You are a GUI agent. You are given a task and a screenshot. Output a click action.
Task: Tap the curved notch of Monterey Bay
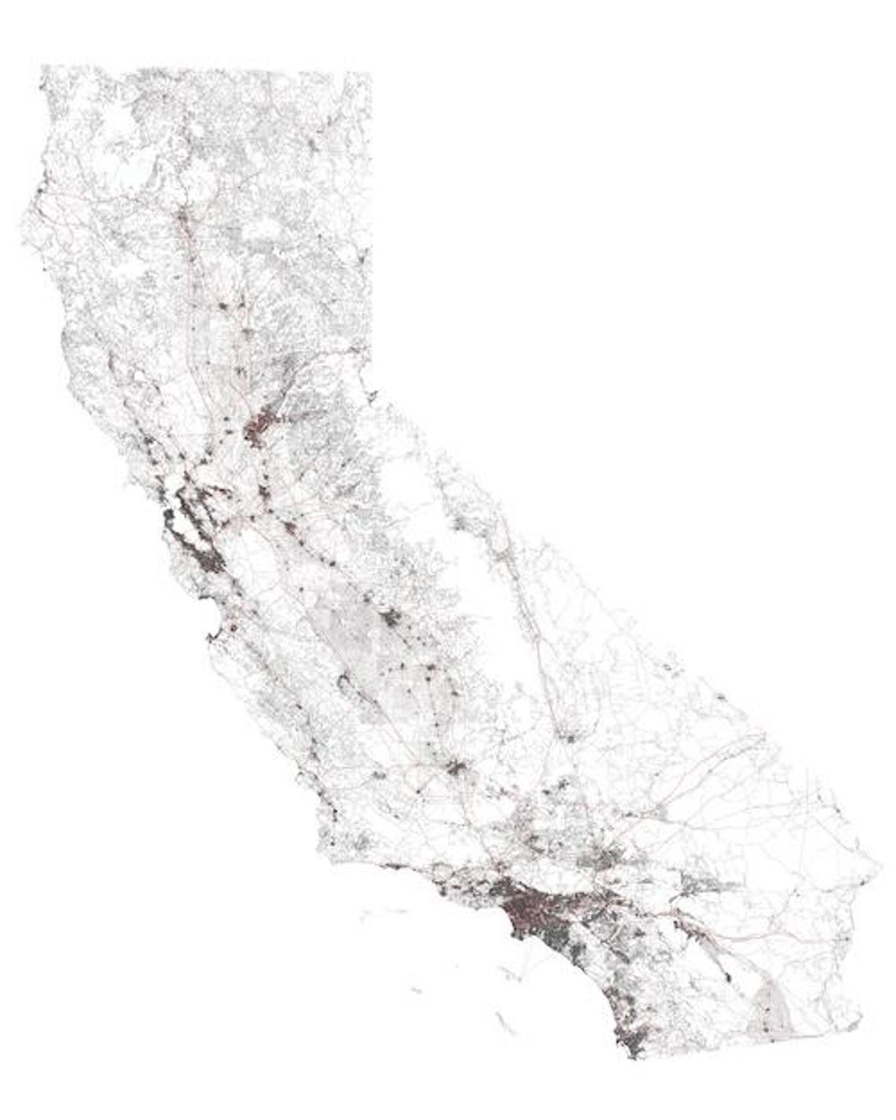point(214,629)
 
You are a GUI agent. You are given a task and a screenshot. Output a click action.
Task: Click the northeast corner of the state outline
point(369,75)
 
